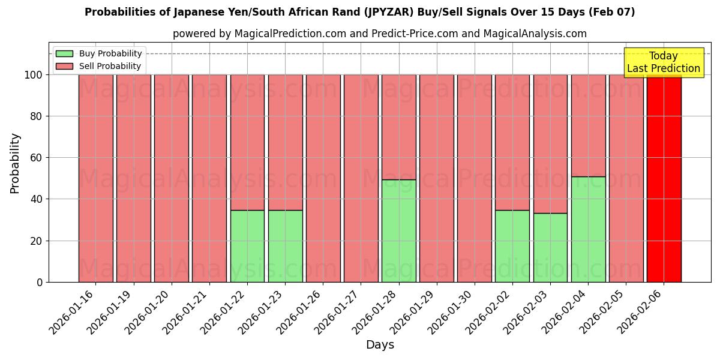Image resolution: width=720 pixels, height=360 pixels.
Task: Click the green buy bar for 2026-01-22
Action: [x=247, y=246]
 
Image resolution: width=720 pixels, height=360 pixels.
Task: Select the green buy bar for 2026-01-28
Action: [x=398, y=231]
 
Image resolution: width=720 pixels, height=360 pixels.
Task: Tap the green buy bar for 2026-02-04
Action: [x=588, y=229]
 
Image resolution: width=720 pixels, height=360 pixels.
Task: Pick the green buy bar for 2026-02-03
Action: [x=550, y=247]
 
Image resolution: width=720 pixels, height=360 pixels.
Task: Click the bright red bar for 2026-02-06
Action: [x=664, y=178]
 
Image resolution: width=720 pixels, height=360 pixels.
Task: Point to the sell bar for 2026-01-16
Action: [x=96, y=178]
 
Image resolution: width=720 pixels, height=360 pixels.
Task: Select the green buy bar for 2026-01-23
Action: [x=285, y=246]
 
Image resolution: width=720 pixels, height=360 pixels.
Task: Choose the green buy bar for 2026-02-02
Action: [x=512, y=246]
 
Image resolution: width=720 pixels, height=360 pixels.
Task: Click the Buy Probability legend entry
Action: [x=99, y=54]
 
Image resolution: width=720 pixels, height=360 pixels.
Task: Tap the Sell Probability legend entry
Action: [x=99, y=67]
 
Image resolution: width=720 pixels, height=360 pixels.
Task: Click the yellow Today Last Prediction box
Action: [x=663, y=62]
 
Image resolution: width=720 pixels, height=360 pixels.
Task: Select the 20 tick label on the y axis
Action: [x=37, y=241]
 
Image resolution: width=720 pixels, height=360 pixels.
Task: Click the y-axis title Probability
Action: [x=15, y=163]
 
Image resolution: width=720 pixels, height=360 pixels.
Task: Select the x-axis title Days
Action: [x=380, y=345]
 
